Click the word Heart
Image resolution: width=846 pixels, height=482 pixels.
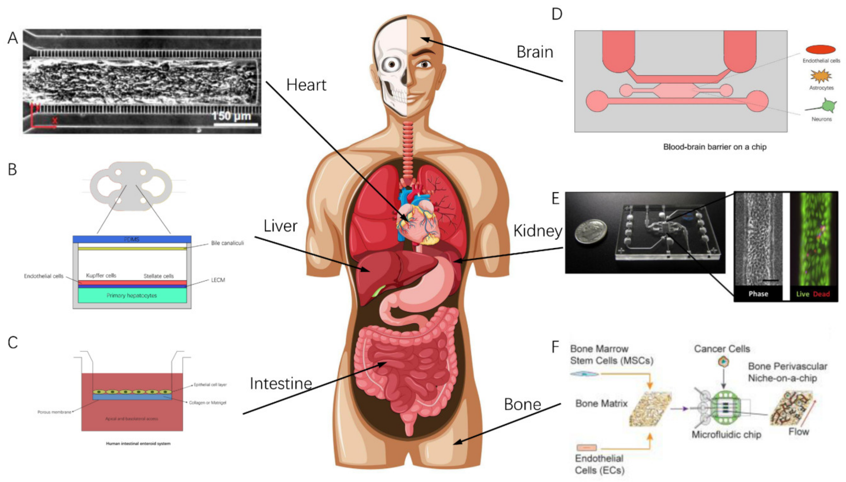coord(306,85)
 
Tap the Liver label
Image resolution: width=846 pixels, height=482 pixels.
coord(280,226)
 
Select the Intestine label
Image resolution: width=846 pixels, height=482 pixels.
coord(281,384)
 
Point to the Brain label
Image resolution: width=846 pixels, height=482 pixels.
coord(535,52)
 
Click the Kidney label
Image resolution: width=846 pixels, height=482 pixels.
coord(538,231)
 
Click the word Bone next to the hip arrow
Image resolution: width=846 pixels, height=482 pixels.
coord(522,405)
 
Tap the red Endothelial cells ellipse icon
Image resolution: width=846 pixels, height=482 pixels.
coord(821,50)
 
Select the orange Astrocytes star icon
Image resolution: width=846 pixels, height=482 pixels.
coord(821,76)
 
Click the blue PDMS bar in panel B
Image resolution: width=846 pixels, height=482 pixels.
coord(132,239)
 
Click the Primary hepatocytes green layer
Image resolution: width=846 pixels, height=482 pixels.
coord(132,295)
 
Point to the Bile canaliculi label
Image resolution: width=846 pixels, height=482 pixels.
coord(227,243)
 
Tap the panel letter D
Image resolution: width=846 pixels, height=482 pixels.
coord(557,14)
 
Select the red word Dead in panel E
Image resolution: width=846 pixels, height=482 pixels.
coord(821,294)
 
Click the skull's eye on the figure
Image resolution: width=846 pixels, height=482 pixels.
coord(392,64)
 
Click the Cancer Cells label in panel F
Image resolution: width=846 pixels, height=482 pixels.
coord(722,349)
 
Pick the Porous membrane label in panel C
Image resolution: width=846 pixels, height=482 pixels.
coord(54,412)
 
